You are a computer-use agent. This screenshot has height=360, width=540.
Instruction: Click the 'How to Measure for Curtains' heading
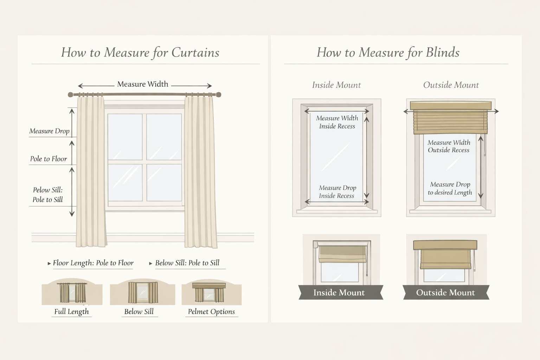click(140, 52)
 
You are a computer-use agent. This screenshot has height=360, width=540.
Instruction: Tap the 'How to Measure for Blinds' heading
click(388, 52)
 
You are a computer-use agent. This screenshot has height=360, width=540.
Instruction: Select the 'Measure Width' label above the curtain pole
click(143, 84)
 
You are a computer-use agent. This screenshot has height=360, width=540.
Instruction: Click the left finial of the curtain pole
click(70, 95)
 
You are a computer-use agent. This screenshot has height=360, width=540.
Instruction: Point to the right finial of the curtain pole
click(218, 95)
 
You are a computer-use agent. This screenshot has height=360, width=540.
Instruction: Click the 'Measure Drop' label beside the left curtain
click(49, 131)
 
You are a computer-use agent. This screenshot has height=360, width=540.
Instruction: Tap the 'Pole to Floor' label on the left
click(49, 159)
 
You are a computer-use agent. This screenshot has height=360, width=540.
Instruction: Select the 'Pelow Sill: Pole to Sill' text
click(48, 195)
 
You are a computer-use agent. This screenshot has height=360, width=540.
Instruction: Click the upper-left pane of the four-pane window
click(125, 137)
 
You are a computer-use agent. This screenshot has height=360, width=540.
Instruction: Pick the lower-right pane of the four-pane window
click(164, 182)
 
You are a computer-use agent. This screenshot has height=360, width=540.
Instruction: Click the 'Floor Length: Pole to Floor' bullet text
click(93, 263)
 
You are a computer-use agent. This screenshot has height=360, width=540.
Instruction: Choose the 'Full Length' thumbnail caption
click(71, 311)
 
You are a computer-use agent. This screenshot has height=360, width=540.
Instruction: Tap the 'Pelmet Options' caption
click(211, 311)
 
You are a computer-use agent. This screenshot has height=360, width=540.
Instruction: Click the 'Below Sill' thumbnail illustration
click(142, 293)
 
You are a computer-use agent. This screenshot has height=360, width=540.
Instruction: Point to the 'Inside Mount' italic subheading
click(336, 85)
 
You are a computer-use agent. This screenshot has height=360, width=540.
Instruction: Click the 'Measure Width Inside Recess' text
click(337, 122)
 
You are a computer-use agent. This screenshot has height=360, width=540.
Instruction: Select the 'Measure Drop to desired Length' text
click(450, 188)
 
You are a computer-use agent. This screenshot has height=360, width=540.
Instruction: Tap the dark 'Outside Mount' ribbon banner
click(445, 292)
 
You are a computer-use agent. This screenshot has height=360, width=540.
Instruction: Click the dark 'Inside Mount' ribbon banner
click(339, 292)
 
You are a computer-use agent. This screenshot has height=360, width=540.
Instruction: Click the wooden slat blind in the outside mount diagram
click(450, 122)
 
